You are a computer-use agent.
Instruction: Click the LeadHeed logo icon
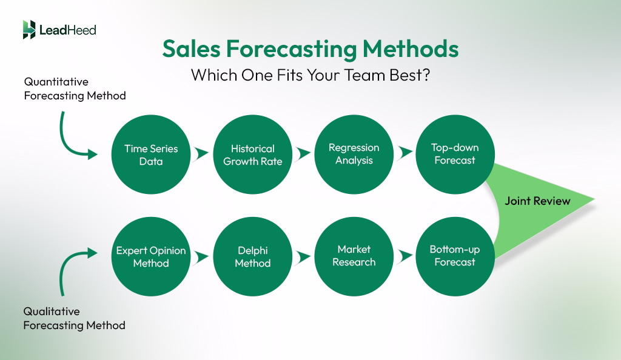(29, 30)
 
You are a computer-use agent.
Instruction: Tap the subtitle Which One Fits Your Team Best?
(310, 76)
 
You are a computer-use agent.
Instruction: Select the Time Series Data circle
(151, 155)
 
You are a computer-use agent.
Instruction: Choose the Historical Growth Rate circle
(253, 155)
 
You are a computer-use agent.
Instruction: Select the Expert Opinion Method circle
(151, 256)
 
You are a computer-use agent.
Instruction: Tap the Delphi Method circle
(253, 256)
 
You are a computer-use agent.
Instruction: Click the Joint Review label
(537, 201)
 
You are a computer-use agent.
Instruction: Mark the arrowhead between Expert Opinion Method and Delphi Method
(202, 256)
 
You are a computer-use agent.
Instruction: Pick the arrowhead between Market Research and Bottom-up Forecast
(404, 256)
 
